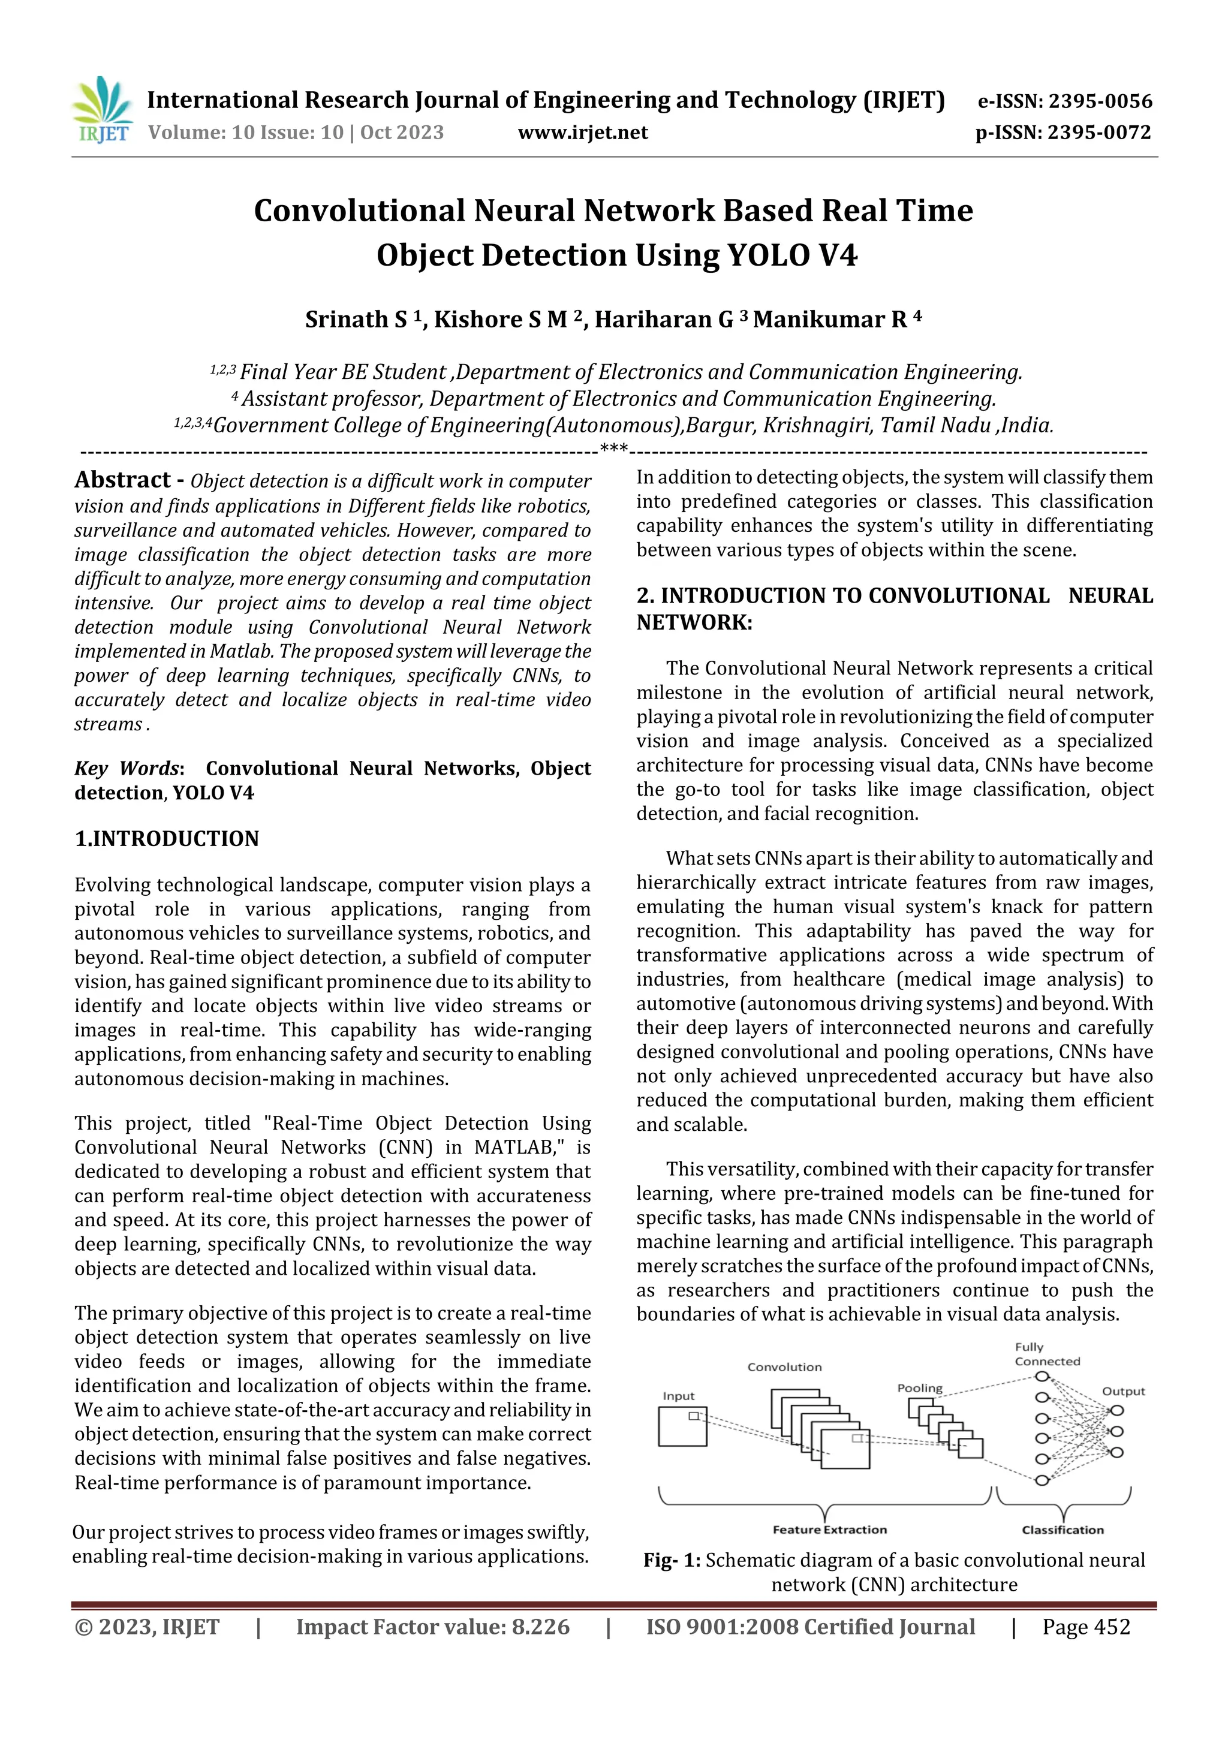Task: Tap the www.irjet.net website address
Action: point(583,133)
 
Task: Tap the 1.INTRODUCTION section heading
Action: point(167,839)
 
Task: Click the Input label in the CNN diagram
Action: point(678,1396)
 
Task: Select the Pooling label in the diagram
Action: point(919,1388)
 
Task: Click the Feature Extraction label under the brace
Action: point(829,1530)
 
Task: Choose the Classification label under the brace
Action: point(1063,1530)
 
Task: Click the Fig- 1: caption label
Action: point(672,1561)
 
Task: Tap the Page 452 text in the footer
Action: point(1086,1627)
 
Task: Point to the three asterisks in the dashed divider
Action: point(613,449)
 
